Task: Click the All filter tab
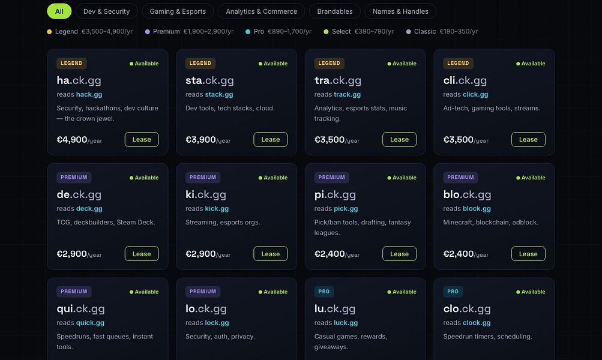[59, 11]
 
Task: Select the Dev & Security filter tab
[106, 11]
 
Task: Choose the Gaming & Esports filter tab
[178, 11]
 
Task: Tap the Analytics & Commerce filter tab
[262, 11]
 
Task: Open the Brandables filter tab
[335, 11]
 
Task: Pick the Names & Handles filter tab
[400, 11]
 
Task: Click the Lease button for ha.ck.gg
[142, 139]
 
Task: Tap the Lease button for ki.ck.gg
[271, 254]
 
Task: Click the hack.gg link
[89, 94]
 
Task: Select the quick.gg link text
[90, 323]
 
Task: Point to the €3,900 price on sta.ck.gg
[200, 139]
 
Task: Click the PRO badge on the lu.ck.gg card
[324, 292]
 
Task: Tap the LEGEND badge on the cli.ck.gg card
[458, 64]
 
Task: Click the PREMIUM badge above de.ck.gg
[74, 178]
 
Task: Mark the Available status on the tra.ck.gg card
[402, 64]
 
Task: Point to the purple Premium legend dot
[148, 32]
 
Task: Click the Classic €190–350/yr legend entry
[442, 31]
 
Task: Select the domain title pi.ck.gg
[335, 194]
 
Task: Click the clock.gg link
[477, 323]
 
